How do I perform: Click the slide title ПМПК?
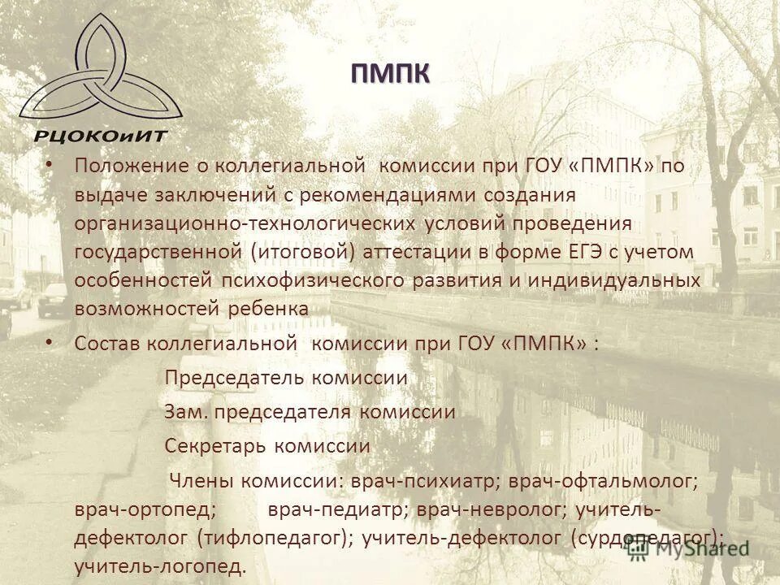pyautogui.click(x=390, y=74)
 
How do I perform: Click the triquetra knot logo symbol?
pyautogui.click(x=93, y=69)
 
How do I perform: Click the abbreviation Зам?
pyautogui.click(x=187, y=412)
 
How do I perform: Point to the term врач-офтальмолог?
pyautogui.click(x=603, y=481)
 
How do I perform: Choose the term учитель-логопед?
pyautogui.click(x=159, y=565)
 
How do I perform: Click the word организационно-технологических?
pyautogui.click(x=245, y=223)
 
